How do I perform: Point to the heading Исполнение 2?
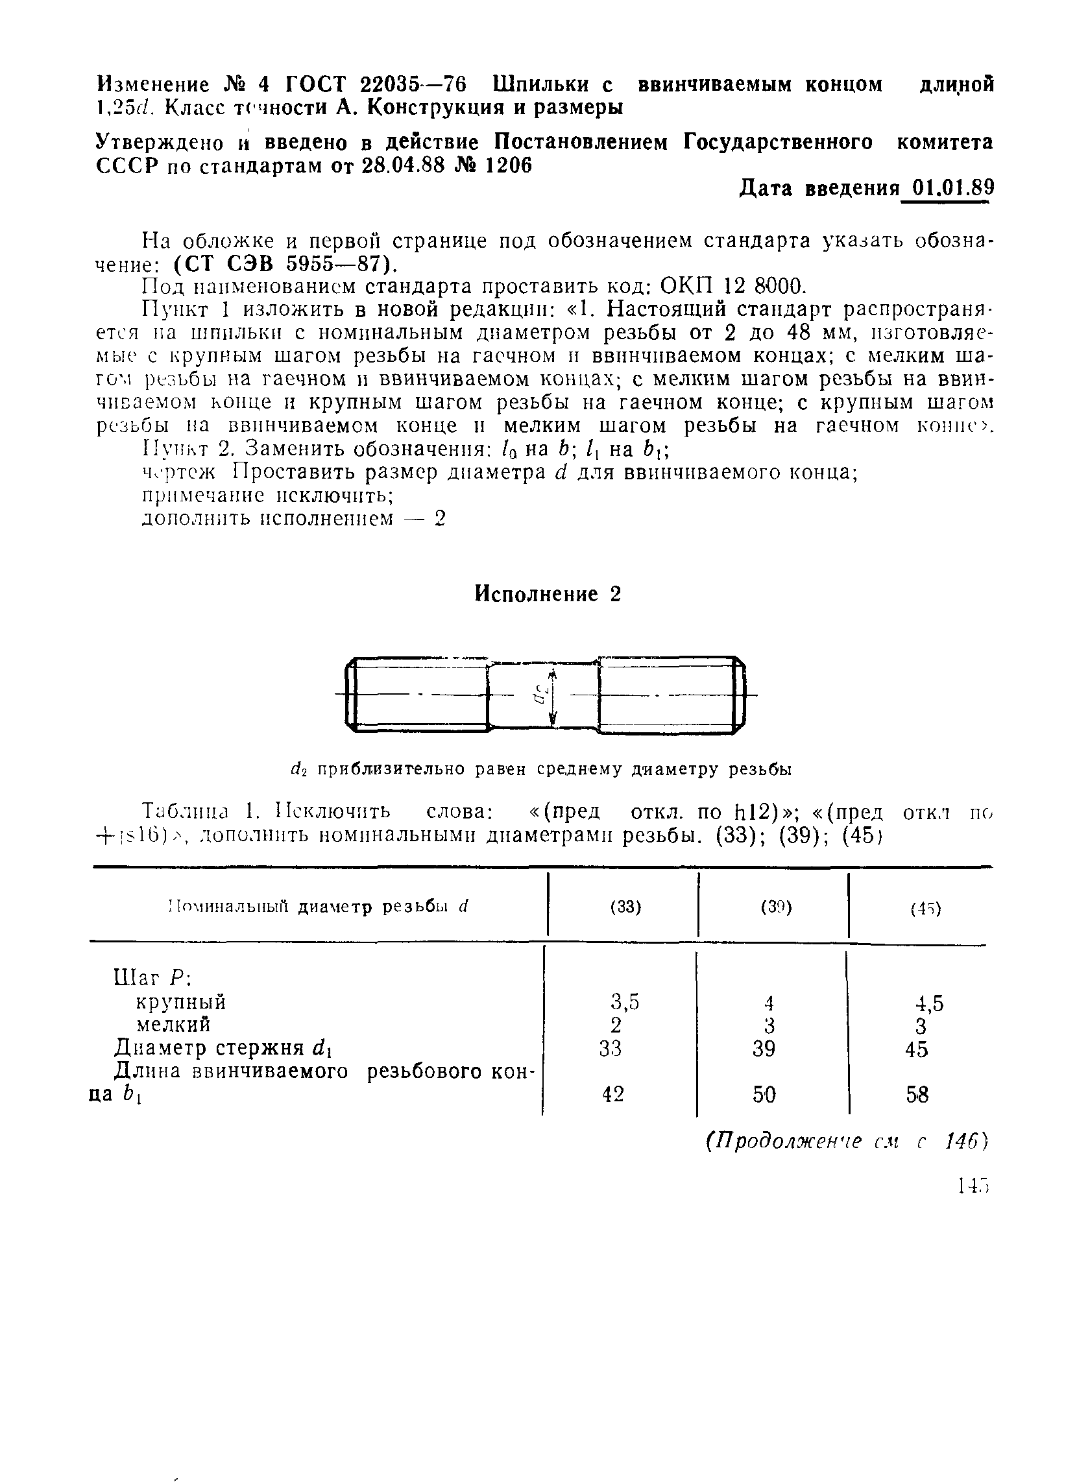(547, 594)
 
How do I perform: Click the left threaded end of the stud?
(418, 695)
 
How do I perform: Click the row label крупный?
(181, 1001)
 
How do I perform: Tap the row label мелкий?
(173, 1024)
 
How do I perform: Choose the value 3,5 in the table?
(625, 1001)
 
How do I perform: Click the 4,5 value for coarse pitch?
(929, 1003)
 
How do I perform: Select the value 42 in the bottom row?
(612, 1094)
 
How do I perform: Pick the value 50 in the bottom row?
(764, 1094)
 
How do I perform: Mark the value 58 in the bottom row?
(917, 1095)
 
